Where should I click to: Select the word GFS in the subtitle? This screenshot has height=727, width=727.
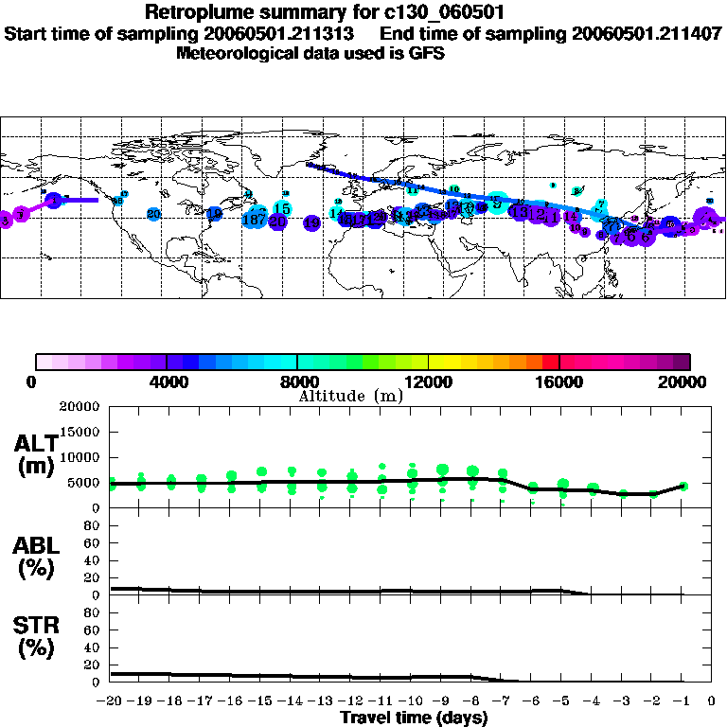427,53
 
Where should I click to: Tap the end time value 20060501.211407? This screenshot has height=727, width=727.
647,33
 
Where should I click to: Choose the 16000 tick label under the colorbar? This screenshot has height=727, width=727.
559,382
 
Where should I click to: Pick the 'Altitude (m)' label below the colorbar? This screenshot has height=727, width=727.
351,396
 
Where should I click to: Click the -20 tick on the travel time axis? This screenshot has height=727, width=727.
110,701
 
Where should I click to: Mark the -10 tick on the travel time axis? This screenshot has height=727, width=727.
412,701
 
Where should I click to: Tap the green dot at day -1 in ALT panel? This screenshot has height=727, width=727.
683,486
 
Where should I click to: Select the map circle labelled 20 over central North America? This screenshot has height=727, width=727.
153,214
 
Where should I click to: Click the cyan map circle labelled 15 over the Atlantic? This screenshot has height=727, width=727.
282,208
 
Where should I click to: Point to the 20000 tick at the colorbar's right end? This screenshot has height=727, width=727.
684,382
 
